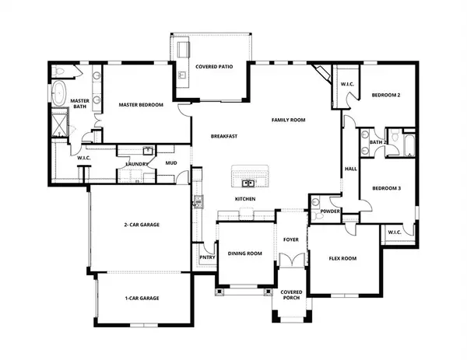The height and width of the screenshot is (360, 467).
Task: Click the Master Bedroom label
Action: [x=140, y=103]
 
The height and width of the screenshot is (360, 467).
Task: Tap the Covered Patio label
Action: [x=212, y=68]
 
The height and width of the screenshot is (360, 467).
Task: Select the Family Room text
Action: [x=288, y=120]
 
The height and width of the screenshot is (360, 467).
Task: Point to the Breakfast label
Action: [x=223, y=137]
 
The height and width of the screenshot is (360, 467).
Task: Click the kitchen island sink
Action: [x=248, y=183]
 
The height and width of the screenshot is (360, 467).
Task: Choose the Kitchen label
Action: [x=246, y=199]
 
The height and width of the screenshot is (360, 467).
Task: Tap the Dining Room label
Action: [x=244, y=253]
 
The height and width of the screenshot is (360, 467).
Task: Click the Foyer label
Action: [x=291, y=239]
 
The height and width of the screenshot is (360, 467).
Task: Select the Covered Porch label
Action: [x=291, y=295]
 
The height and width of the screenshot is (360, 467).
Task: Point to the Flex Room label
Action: [x=342, y=258]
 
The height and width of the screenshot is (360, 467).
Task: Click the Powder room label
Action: [x=328, y=211]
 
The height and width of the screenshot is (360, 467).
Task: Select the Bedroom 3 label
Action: [x=385, y=188]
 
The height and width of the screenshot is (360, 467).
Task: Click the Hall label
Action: [x=350, y=169]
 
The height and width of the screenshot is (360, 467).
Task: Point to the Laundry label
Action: [x=137, y=164]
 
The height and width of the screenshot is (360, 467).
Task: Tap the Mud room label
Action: [x=172, y=164]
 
